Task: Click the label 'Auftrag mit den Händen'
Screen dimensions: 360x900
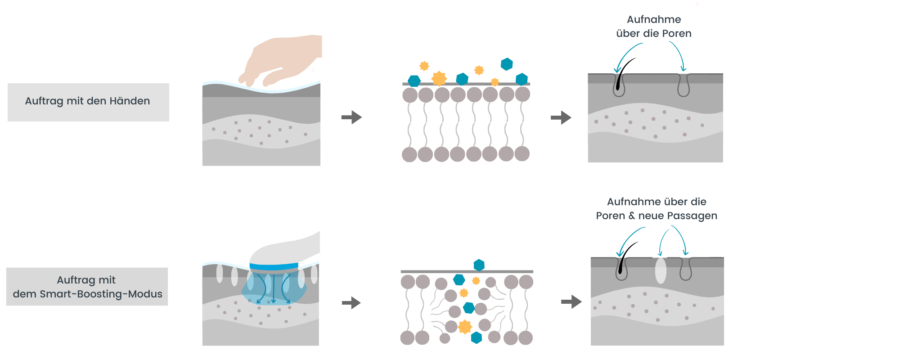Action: click(x=88, y=101)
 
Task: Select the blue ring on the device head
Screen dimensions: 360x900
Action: click(x=274, y=266)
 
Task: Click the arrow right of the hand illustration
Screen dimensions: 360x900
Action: click(x=351, y=117)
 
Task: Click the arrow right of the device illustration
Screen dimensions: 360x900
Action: click(x=351, y=303)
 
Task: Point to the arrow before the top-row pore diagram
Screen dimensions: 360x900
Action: click(x=561, y=118)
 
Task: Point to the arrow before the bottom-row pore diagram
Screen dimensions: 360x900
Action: click(x=571, y=301)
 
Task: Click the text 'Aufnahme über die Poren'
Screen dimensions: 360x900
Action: click(x=654, y=26)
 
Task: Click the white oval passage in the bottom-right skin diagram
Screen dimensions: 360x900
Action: click(x=661, y=270)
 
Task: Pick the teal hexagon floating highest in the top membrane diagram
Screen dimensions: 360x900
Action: click(x=507, y=64)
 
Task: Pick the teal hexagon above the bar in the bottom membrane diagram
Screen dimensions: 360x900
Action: click(x=479, y=265)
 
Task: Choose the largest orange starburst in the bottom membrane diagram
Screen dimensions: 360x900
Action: click(x=465, y=327)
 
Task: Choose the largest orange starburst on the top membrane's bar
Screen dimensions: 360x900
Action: click(x=439, y=78)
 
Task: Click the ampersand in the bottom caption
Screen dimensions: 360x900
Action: click(x=632, y=216)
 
